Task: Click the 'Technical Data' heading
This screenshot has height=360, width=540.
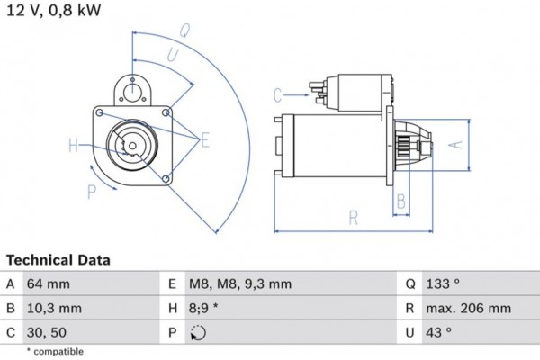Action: point(58,260)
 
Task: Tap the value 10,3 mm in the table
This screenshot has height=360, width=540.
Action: point(58,308)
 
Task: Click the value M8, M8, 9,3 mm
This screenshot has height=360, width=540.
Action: point(239,283)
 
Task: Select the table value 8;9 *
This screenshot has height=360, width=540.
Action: point(203,308)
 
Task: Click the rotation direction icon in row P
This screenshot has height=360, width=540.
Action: point(199,332)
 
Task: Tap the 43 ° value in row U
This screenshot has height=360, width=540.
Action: point(440,332)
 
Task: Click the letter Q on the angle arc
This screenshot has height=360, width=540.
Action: point(184,29)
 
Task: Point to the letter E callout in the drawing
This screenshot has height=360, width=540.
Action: point(205,139)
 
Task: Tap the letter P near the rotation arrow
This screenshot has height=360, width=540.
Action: point(92,190)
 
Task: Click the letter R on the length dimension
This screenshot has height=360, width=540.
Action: point(354,217)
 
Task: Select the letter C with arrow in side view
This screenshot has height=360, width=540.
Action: point(278,94)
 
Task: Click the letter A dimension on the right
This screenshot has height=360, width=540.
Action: point(455,144)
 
